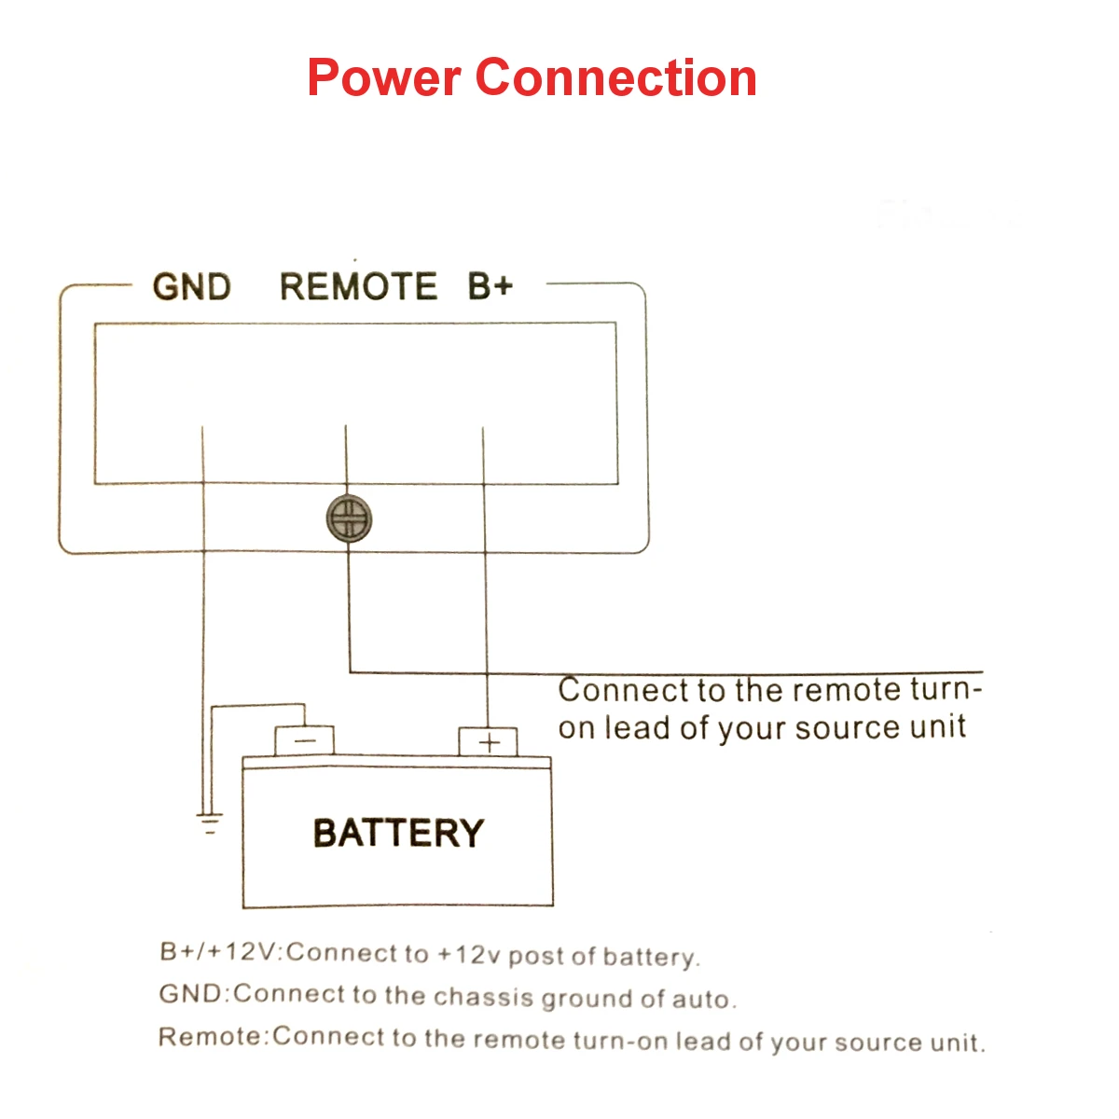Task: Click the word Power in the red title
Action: (x=384, y=77)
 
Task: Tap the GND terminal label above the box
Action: (x=192, y=287)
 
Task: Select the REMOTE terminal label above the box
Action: (x=358, y=287)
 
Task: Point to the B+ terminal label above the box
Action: (x=490, y=286)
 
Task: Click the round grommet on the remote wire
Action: (x=349, y=518)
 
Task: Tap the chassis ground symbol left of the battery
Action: (x=210, y=823)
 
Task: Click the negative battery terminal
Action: (x=304, y=740)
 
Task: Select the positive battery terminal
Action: (x=488, y=742)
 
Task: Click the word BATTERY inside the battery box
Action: (x=398, y=833)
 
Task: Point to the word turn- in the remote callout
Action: (x=946, y=690)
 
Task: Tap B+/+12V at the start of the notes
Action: (x=219, y=952)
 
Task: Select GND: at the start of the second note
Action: (x=193, y=993)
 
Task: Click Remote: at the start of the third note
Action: (x=214, y=1036)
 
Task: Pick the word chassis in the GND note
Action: (x=484, y=997)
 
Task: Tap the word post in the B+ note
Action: (x=536, y=956)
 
